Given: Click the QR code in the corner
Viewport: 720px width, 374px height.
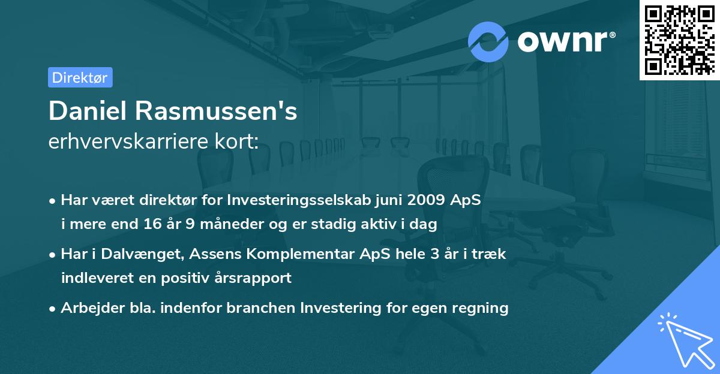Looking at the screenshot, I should click(x=679, y=40).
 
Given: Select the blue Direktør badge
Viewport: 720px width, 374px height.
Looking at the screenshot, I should click(x=80, y=77).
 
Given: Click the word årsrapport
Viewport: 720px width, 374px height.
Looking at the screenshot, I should click(x=256, y=278).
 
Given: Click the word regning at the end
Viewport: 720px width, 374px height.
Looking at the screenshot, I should click(x=482, y=308).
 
